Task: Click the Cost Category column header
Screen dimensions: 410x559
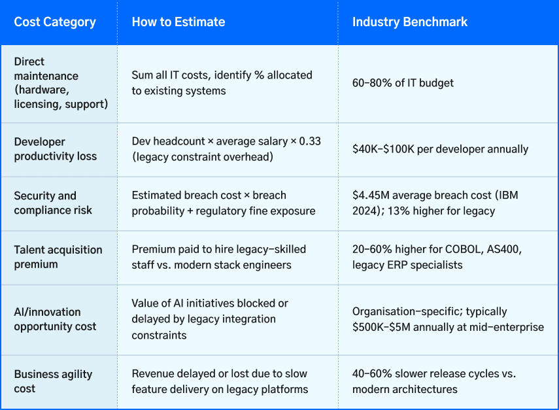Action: (x=55, y=22)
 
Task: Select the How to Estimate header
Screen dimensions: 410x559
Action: (x=178, y=22)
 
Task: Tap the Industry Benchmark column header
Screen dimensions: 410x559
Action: (x=409, y=22)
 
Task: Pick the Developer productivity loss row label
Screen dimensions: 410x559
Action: (x=56, y=148)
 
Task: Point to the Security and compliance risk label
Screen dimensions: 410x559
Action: (x=53, y=203)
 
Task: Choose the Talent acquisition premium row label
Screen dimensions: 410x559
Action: (x=58, y=256)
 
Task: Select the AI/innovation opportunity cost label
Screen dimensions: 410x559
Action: (x=55, y=318)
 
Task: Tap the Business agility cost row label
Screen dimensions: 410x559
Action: (x=53, y=381)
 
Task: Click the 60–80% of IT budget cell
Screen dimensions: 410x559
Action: (x=403, y=82)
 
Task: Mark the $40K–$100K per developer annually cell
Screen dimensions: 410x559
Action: (x=440, y=149)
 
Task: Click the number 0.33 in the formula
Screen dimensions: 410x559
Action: (x=309, y=141)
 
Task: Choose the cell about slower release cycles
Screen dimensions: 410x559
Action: (x=433, y=381)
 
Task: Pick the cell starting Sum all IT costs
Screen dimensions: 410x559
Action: (x=222, y=82)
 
